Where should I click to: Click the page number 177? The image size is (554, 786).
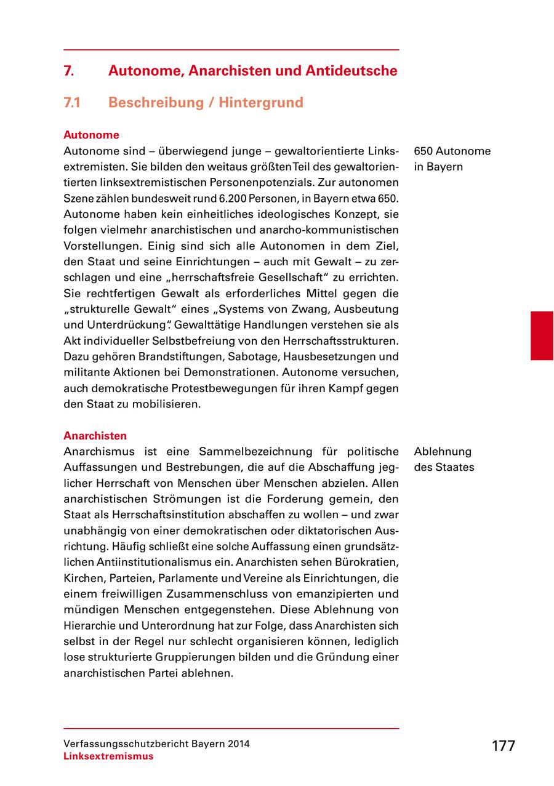503,746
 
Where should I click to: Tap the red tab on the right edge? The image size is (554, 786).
542,335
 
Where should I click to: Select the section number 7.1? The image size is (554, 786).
73,102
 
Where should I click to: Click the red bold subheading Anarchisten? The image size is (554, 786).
95,436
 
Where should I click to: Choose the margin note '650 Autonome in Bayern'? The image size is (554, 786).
452,159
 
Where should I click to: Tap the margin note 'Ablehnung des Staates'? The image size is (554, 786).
444,459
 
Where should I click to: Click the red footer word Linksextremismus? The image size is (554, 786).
108,756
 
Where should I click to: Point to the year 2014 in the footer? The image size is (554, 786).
238,744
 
